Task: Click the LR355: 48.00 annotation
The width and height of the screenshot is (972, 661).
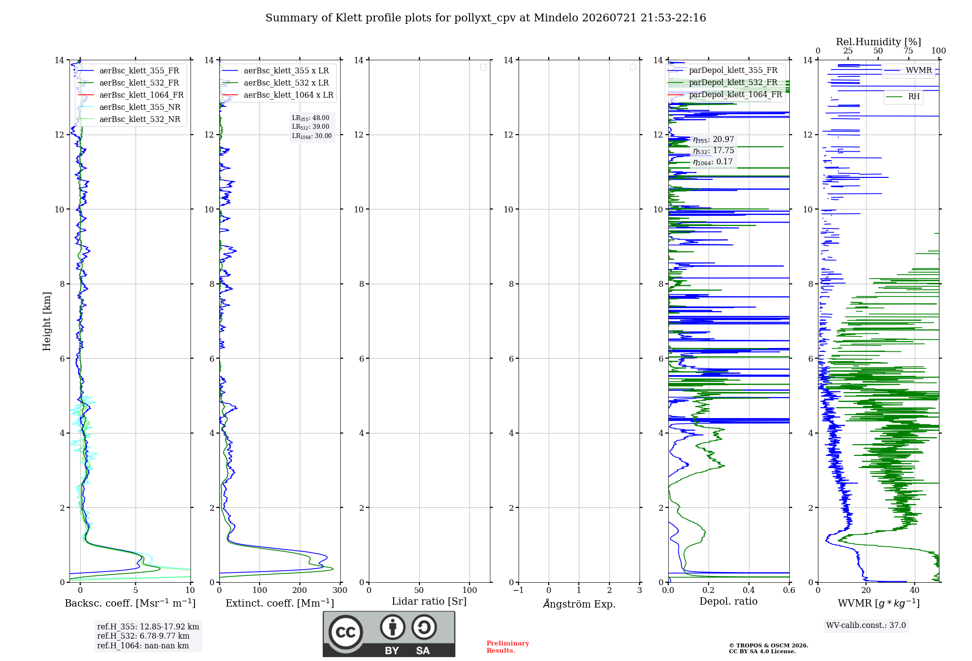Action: click(x=311, y=118)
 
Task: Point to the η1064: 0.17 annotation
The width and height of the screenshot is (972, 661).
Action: click(x=712, y=162)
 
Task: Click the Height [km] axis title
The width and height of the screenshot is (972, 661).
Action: click(x=47, y=321)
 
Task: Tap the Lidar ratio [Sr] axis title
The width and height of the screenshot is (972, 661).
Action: click(x=429, y=601)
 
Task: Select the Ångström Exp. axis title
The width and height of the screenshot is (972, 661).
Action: click(x=579, y=604)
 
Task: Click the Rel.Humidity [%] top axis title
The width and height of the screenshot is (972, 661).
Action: click(x=879, y=42)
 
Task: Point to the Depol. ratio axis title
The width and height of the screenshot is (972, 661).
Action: click(x=729, y=601)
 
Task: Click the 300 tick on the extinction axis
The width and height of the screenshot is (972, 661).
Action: click(x=340, y=590)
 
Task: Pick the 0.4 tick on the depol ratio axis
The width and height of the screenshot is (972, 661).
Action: click(x=749, y=590)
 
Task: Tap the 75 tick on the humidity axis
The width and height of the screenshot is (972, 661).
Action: click(x=908, y=51)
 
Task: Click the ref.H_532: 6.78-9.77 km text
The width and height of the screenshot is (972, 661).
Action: click(x=143, y=636)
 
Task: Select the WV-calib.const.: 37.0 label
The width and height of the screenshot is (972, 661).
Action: click(x=866, y=625)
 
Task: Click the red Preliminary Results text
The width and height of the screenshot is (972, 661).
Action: click(x=508, y=647)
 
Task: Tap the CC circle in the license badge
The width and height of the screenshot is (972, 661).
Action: click(x=346, y=632)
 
